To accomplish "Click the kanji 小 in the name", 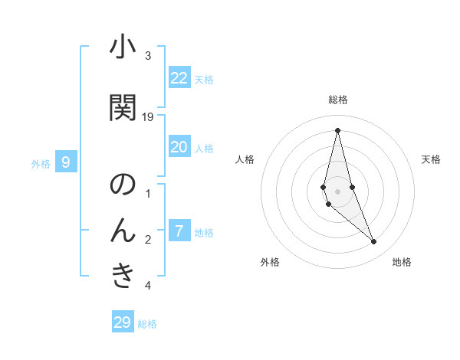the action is point(123,48).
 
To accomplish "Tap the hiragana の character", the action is point(123,185).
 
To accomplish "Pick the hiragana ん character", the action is point(123,230).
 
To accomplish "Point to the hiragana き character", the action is point(123,276).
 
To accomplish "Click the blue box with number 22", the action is point(179,78).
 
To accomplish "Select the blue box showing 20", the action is point(179,147).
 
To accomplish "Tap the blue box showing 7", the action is point(179,231).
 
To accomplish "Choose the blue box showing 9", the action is point(66,162).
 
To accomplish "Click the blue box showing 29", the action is point(123,322).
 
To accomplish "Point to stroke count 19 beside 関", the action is point(148,116).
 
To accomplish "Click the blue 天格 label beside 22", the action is point(203,79).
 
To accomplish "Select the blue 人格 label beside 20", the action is point(203,148).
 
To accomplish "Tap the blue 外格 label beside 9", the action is point(41,163).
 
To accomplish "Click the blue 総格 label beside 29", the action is point(147,323).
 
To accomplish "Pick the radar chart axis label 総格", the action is point(338,100).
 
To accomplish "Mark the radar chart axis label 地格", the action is point(402,262).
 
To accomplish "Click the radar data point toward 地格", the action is point(374,242).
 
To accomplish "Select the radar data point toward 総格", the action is point(337,131).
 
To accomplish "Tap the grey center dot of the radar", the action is point(337,191).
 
